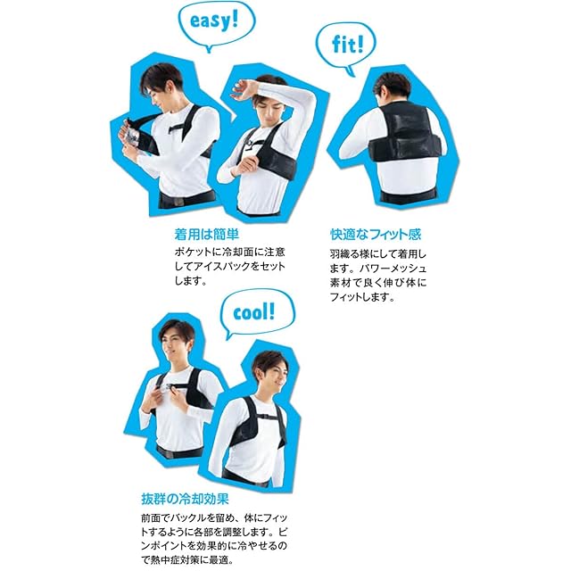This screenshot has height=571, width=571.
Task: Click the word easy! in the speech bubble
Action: click(x=214, y=21)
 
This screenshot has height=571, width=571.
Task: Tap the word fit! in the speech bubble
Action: click(x=348, y=44)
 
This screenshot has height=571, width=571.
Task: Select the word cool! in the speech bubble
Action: click(x=253, y=313)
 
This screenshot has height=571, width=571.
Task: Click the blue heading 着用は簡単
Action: click(x=206, y=234)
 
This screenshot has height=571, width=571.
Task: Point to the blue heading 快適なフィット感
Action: click(x=376, y=234)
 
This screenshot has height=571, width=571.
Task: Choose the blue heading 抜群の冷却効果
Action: click(x=185, y=499)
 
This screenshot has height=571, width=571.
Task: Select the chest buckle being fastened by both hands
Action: click(x=169, y=389)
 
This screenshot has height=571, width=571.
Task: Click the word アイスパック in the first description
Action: click(x=224, y=266)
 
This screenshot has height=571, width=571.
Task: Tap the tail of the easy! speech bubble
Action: click(x=208, y=49)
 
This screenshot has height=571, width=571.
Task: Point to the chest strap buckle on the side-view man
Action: click(x=261, y=416)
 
